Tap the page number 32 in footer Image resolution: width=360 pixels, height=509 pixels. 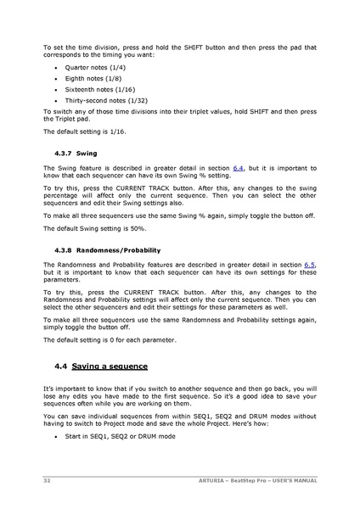pos(47,480)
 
